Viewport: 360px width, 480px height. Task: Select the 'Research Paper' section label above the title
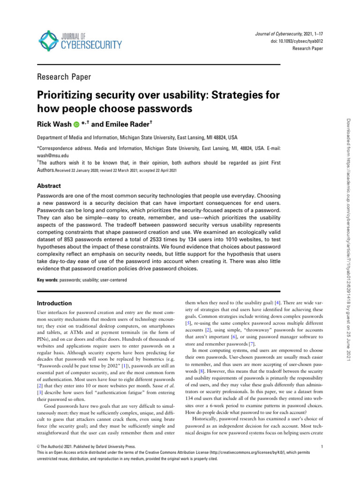click(64, 77)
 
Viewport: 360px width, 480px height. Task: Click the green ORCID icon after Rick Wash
click(76, 125)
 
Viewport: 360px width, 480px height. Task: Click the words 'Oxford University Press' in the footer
click(112, 447)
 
